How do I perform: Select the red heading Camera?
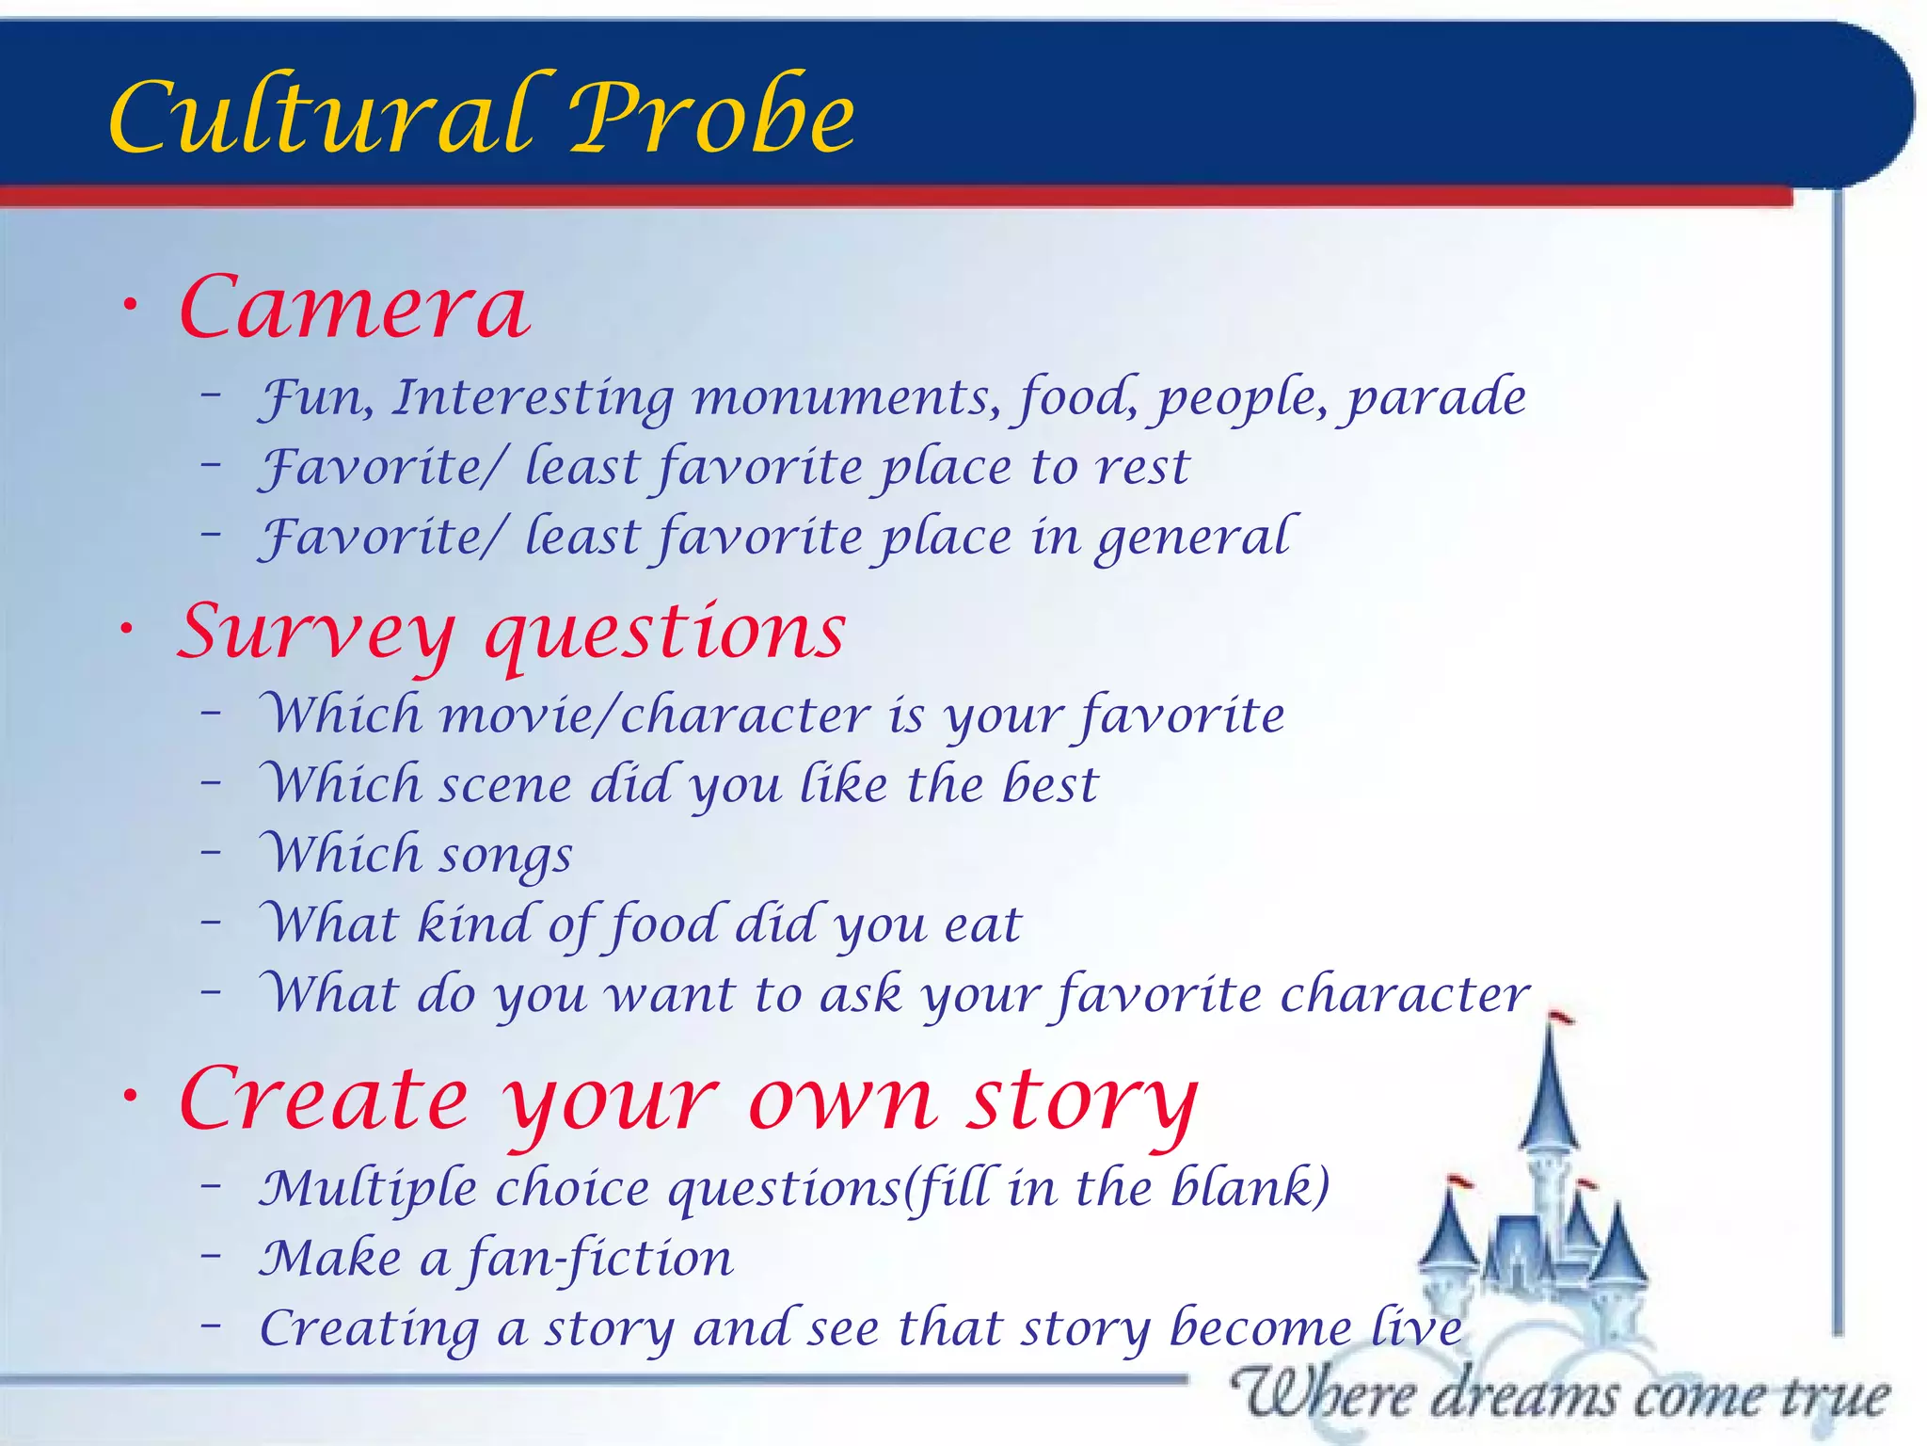[355, 309]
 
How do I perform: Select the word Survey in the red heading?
[315, 633]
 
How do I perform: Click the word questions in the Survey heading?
[664, 633]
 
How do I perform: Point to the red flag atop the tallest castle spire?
[1562, 1017]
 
